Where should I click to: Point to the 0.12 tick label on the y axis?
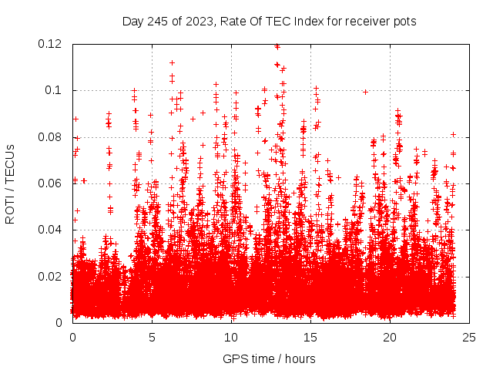coord(51,44)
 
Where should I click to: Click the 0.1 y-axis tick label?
coord(54,90)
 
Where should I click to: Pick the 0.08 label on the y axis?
coord(51,137)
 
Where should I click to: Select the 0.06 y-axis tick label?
coord(51,183)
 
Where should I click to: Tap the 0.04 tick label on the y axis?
coord(51,230)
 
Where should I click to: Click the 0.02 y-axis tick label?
coord(51,276)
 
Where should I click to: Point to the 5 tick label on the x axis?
coord(152,337)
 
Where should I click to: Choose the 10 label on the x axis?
coord(231,337)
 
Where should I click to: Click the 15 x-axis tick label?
coord(310,337)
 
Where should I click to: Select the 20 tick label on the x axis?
coord(390,337)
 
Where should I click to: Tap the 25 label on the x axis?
coord(469,337)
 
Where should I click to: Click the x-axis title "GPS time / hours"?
coord(270,358)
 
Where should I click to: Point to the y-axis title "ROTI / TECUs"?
coord(11,183)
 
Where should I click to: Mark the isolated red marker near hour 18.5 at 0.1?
coord(366,92)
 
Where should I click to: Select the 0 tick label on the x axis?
coord(72,337)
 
